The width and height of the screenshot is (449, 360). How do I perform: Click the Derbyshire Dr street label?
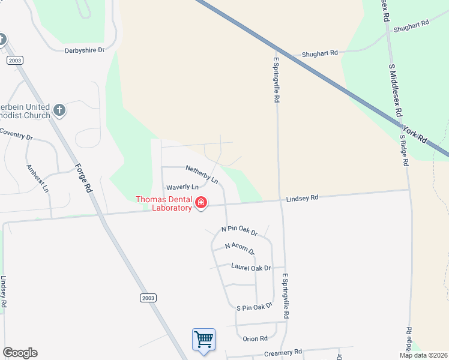(x=85, y=50)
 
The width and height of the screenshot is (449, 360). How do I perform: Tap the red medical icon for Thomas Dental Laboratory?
(x=201, y=204)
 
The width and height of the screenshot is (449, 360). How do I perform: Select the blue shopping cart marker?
(x=203, y=340)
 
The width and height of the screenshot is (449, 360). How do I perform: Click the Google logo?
(x=20, y=353)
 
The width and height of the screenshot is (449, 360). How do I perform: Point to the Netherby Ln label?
(x=201, y=174)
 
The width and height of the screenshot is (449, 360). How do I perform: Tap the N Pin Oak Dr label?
(x=239, y=230)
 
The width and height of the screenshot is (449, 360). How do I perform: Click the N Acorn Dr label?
(x=240, y=247)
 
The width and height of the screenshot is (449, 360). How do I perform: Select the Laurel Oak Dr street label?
(x=252, y=268)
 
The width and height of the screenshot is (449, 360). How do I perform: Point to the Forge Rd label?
(x=83, y=178)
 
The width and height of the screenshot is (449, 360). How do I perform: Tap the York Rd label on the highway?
(x=414, y=134)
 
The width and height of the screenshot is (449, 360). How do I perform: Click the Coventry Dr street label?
(x=16, y=134)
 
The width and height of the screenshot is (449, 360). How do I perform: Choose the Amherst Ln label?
(x=37, y=179)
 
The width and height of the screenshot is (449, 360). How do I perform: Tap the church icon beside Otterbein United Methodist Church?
(x=59, y=110)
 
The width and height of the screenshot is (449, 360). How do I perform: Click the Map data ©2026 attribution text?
(x=423, y=355)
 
